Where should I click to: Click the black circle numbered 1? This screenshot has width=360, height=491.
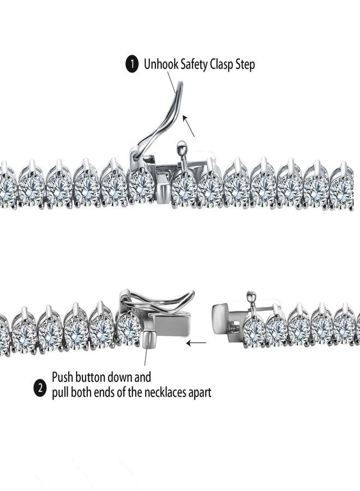click(x=132, y=64)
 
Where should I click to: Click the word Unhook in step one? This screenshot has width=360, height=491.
click(x=161, y=64)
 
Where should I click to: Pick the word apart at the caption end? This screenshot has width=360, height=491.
click(x=199, y=393)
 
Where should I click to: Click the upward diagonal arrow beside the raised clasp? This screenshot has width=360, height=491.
click(x=188, y=125)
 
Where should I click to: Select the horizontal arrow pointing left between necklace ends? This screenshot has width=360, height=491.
click(x=196, y=343)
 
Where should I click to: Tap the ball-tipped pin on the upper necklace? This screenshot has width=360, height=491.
click(x=182, y=151)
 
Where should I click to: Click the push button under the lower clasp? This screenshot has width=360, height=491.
click(x=148, y=339)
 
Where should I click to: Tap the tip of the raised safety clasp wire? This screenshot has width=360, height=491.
click(x=181, y=82)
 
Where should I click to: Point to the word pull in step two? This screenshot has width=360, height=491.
click(x=60, y=393)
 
